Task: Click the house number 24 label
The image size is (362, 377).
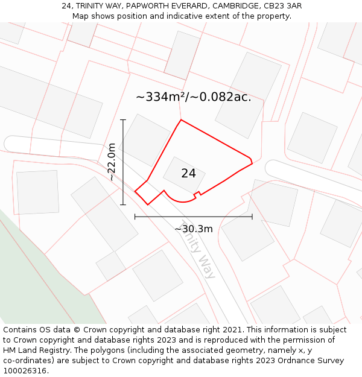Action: click(x=188, y=173)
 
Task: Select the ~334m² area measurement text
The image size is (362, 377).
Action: click(x=193, y=97)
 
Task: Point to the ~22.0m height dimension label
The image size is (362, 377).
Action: click(x=112, y=162)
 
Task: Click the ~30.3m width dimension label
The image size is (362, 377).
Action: click(x=193, y=229)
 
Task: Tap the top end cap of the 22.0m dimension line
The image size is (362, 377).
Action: click(x=123, y=120)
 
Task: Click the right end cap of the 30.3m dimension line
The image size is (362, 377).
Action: click(x=252, y=216)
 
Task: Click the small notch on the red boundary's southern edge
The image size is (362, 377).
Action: click(x=196, y=194)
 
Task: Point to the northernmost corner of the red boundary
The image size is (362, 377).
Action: click(x=181, y=119)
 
